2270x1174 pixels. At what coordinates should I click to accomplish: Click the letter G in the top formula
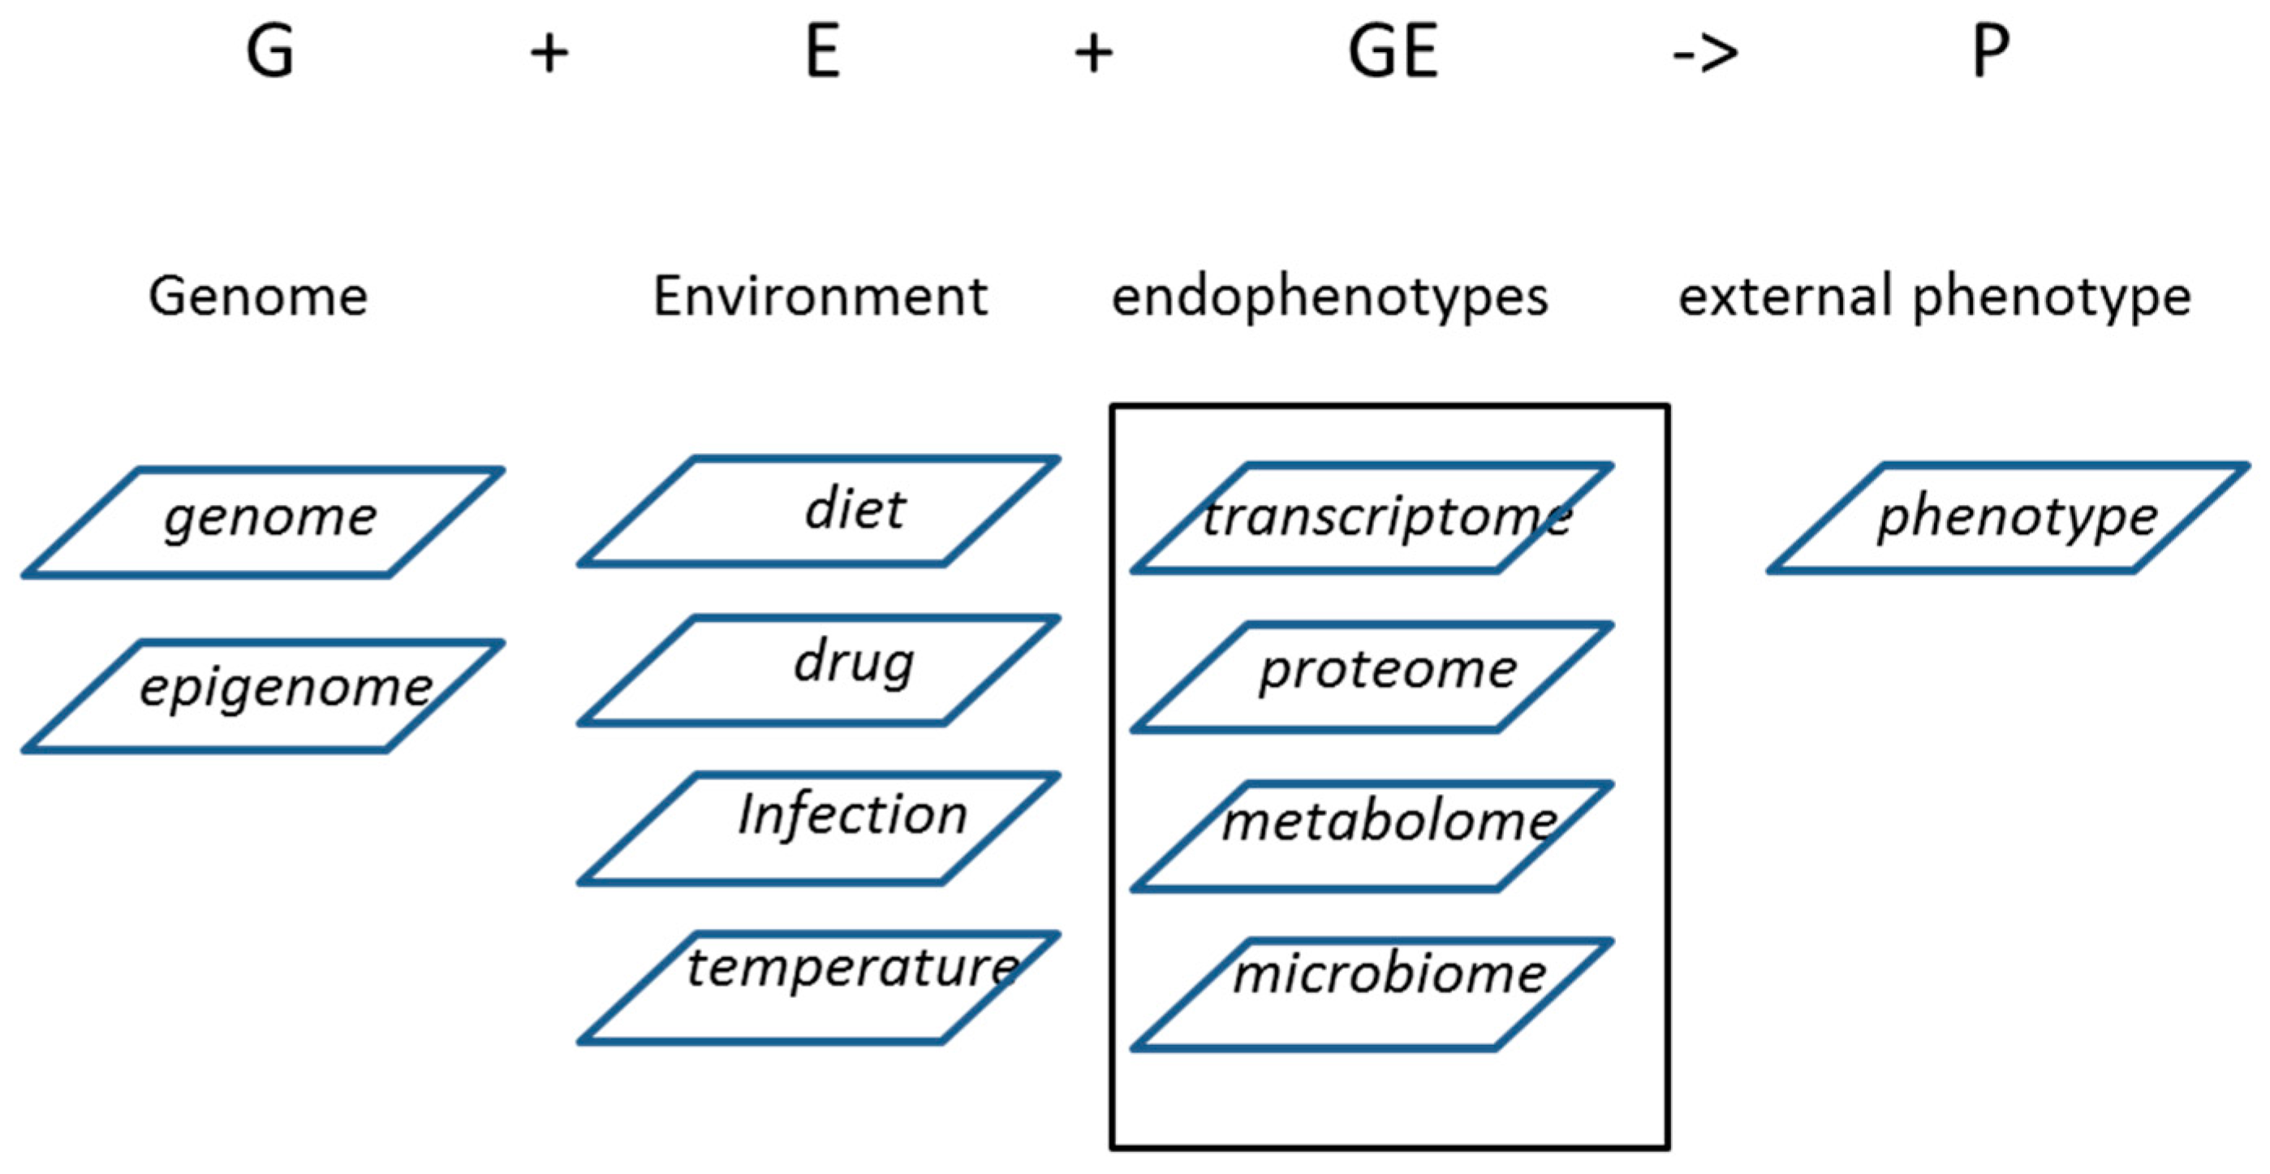(269, 52)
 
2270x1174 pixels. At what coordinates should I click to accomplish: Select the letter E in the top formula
(822, 52)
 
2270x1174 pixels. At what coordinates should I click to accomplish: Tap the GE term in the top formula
(1393, 52)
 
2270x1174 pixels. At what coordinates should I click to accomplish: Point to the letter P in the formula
(1991, 52)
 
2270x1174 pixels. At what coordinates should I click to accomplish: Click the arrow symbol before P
(1705, 54)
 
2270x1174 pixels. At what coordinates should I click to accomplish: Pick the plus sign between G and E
(549, 54)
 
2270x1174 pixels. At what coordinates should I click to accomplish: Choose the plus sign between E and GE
(1093, 54)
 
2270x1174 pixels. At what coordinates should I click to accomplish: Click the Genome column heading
(257, 296)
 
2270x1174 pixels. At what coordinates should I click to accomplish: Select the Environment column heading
(820, 296)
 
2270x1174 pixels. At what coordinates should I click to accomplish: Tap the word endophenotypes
(1329, 298)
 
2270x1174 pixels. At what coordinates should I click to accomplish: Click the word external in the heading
(1784, 296)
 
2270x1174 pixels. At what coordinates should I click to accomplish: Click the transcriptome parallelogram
(1372, 518)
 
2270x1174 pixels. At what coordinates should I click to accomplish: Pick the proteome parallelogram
(1372, 677)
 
